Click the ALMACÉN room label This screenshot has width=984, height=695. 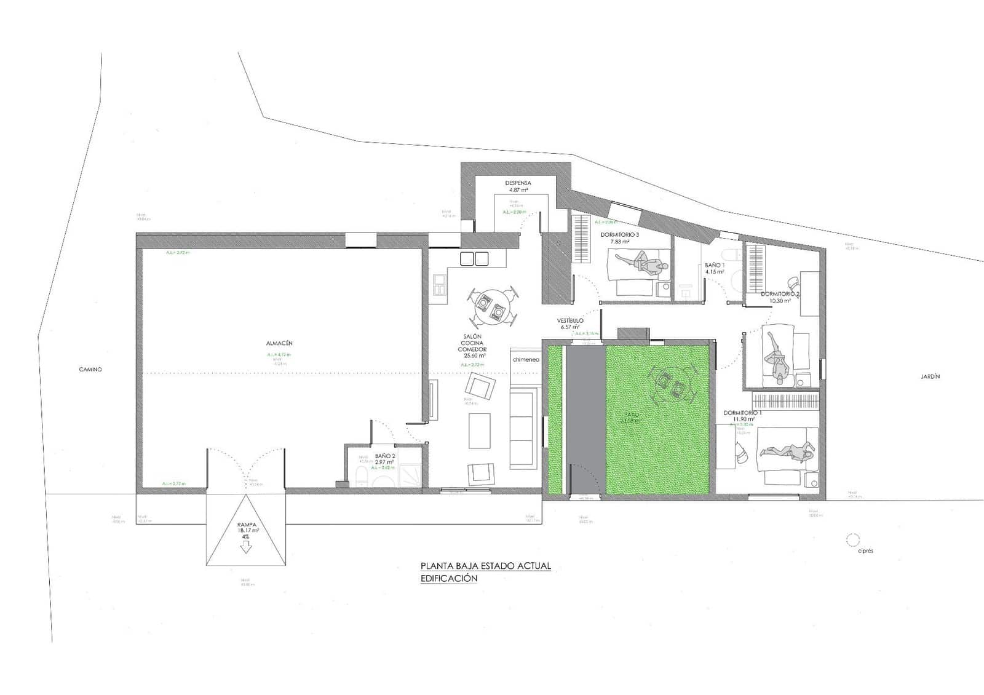[279, 343]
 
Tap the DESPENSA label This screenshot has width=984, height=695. [518, 183]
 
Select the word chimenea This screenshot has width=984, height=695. [525, 359]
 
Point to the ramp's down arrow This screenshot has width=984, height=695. [246, 547]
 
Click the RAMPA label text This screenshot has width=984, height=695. [245, 525]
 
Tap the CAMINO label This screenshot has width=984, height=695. [90, 370]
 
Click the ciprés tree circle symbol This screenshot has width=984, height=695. [852, 540]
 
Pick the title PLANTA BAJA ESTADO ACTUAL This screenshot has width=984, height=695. [485, 566]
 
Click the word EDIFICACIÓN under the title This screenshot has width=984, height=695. [448, 579]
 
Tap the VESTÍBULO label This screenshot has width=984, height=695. [570, 320]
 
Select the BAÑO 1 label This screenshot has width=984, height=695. [715, 265]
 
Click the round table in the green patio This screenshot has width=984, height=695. [670, 384]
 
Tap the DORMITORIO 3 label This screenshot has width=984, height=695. [619, 234]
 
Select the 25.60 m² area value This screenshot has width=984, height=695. [475, 355]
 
